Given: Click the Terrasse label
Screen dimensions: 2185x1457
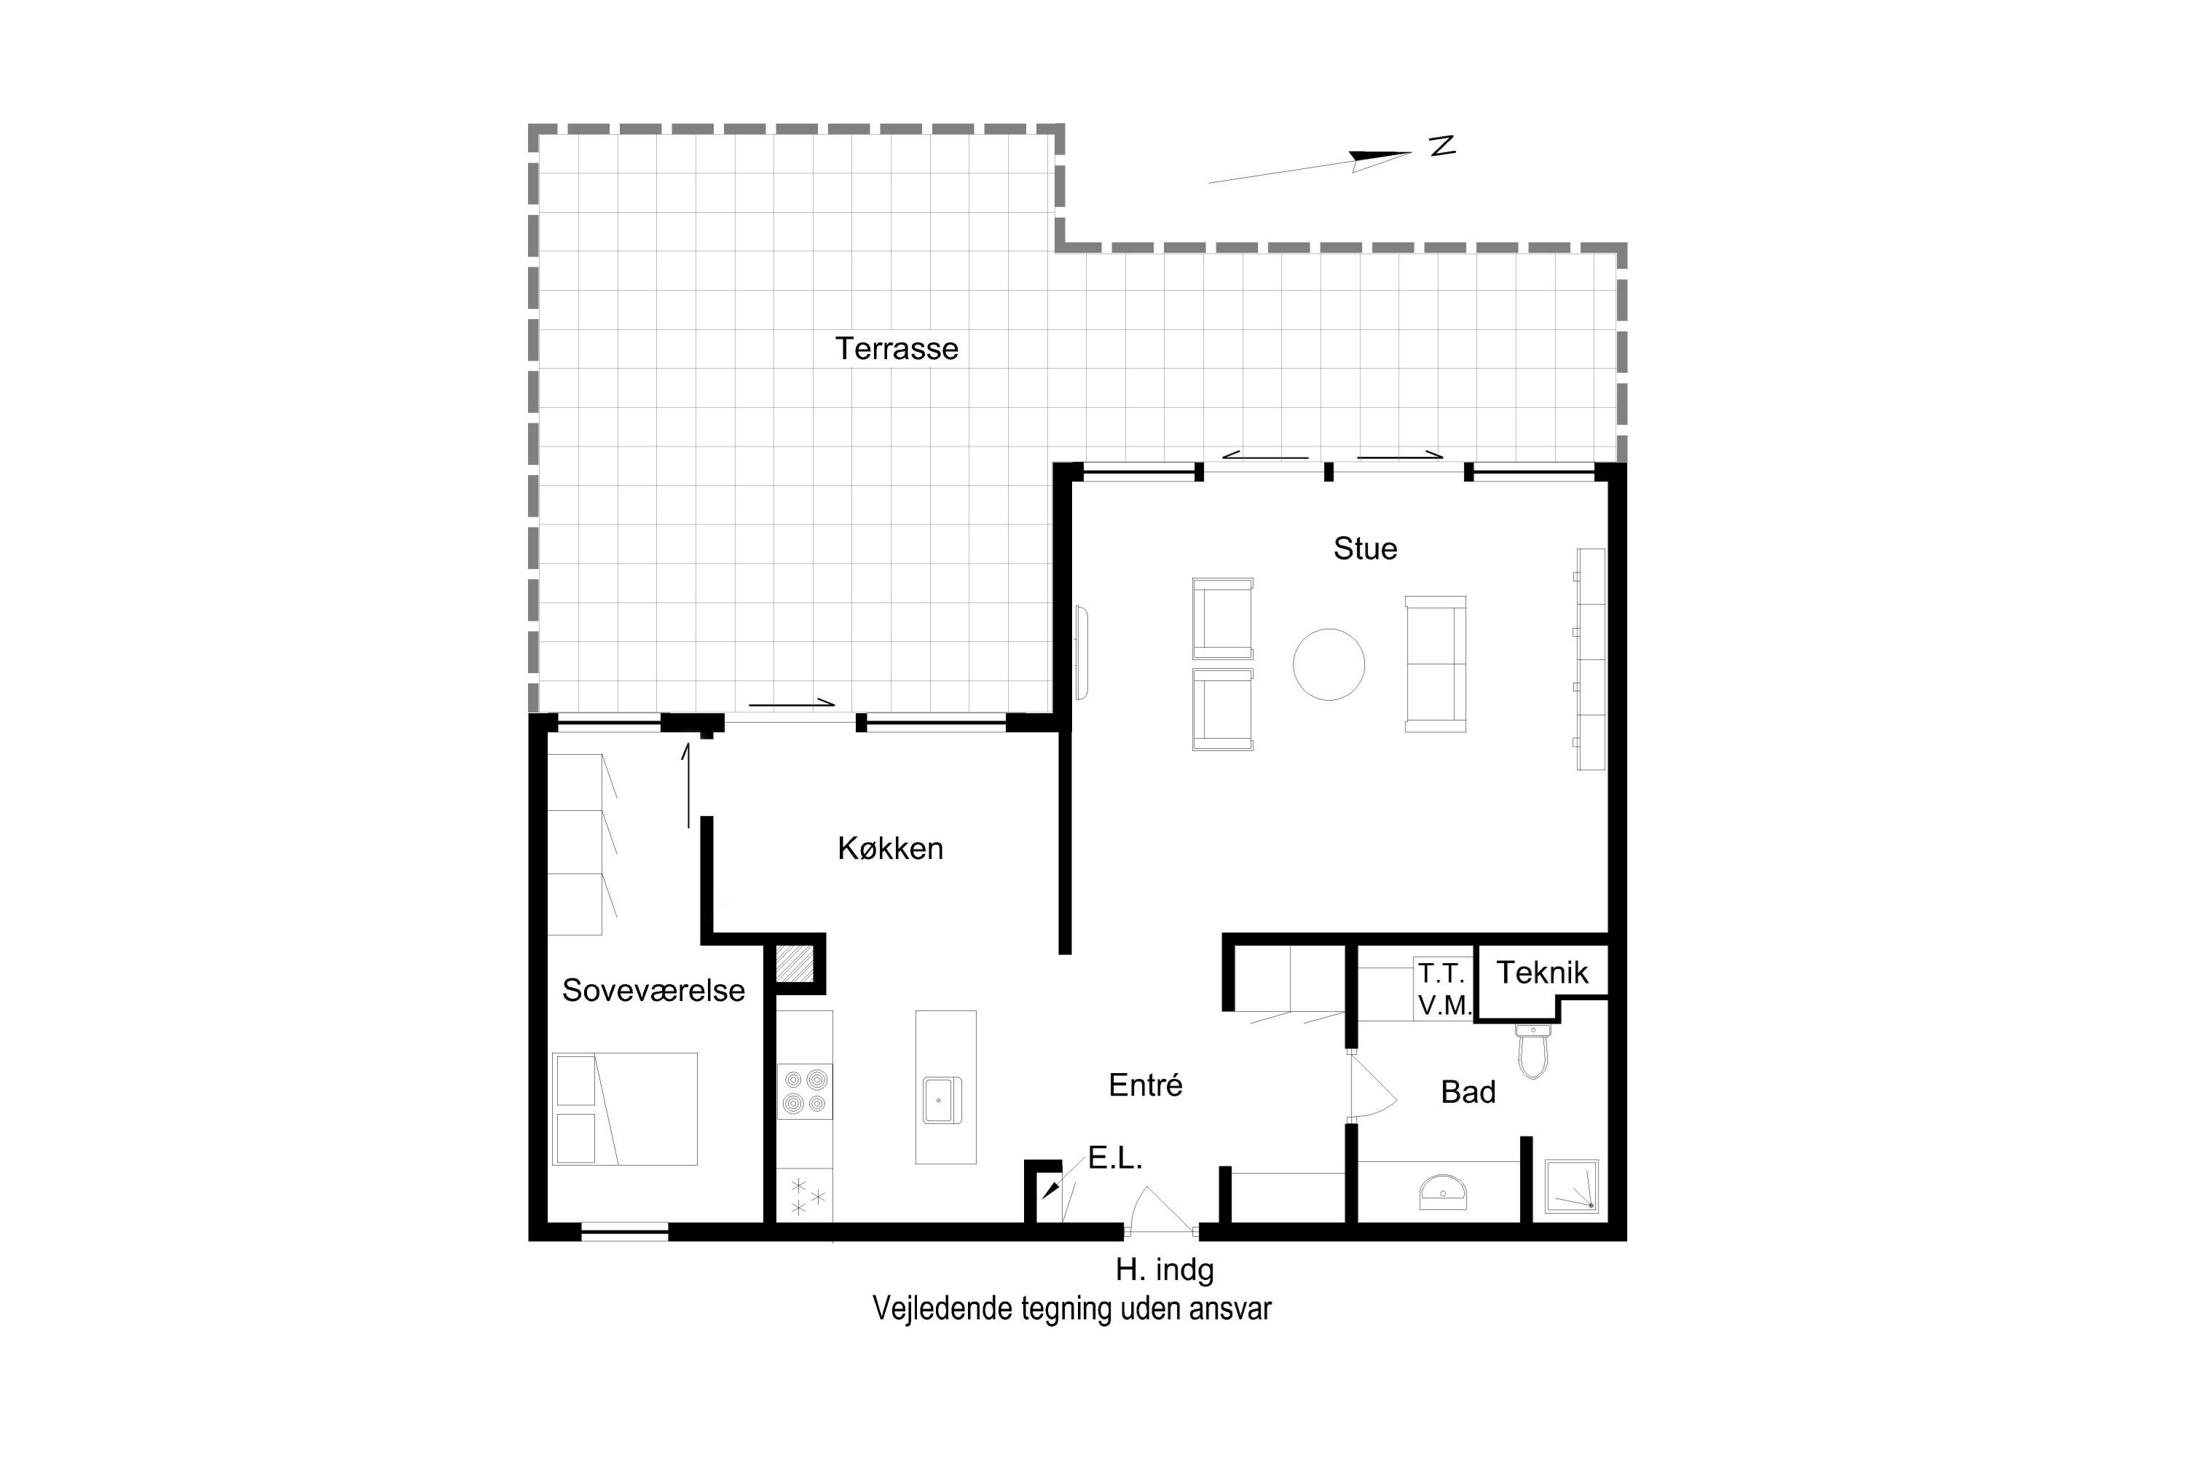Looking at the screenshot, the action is [897, 348].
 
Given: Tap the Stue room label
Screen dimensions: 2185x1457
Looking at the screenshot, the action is [1365, 549].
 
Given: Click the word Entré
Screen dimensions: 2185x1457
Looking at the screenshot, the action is [1146, 1085].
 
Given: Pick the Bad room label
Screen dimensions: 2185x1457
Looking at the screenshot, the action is [1468, 1092].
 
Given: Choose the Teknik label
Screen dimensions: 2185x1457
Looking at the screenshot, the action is [1542, 973].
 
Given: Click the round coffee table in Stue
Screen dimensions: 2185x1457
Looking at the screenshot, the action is [1328, 664].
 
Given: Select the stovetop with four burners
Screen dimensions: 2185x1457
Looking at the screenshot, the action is [805, 1091].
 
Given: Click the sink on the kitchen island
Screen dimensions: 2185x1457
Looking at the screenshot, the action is [941, 1100].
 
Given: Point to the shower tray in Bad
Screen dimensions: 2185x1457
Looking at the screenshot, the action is [1571, 1186].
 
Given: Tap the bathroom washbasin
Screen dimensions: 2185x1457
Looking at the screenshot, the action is [1443, 1191].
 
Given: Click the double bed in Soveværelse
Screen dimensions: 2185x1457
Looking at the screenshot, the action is [624, 1109].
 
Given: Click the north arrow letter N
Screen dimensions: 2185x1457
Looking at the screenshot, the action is [1442, 146].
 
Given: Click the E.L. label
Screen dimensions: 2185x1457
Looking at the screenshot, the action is [1115, 1158].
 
